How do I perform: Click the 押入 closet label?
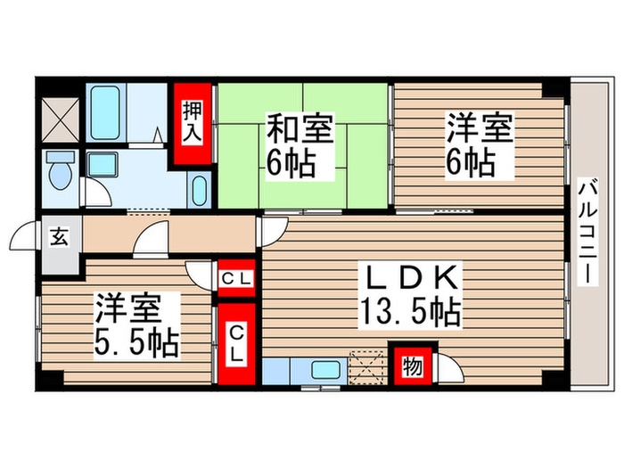tap(193, 123)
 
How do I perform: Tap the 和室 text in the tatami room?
tap(300, 131)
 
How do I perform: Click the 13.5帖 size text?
tap(410, 312)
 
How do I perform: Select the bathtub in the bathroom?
tap(108, 112)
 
